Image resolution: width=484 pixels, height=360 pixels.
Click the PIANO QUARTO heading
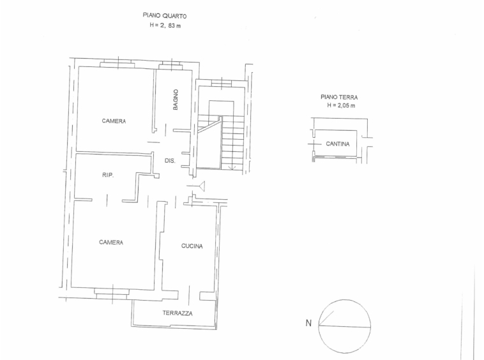[165, 15]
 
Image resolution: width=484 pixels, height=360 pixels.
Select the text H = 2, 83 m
[165, 26]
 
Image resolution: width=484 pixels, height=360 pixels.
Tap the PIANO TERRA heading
[339, 97]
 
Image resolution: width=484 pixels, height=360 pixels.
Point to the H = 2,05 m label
[341, 105]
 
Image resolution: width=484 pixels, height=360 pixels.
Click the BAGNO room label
[176, 100]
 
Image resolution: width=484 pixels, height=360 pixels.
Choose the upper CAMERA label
[114, 121]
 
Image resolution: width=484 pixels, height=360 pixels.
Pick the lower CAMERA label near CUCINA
[111, 243]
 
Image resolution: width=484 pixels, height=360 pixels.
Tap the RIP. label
[108, 175]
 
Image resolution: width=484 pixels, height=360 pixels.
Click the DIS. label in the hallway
[170, 161]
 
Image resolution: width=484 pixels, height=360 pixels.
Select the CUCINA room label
[192, 246]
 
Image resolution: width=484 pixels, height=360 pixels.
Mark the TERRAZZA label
[178, 313]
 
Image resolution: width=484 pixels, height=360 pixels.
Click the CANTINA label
[338, 144]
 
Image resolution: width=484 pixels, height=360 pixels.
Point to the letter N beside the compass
[308, 323]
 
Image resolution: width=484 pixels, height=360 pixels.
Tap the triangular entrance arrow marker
[201, 186]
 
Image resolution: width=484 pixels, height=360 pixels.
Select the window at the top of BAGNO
[169, 66]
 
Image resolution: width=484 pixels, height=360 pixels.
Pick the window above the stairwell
[222, 83]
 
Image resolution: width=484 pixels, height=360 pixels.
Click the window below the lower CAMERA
[112, 294]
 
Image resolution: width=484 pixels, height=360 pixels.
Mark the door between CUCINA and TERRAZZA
[189, 295]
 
